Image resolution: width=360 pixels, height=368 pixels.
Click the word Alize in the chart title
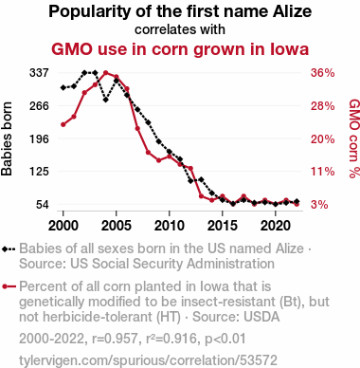tap(293, 11)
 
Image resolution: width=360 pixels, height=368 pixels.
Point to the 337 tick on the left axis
tap(39, 73)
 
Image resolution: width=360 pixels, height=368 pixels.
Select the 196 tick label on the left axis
tap(39, 138)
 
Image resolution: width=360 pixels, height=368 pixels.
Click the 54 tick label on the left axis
tap(43, 205)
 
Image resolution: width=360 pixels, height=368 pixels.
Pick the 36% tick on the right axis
tap(322, 73)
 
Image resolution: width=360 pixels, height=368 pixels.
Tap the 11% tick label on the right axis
tap(322, 172)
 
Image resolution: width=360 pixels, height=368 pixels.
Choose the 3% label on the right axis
tap(319, 205)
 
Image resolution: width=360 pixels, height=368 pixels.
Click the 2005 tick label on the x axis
tap(117, 226)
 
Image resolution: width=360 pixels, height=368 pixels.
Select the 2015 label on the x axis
tap(223, 226)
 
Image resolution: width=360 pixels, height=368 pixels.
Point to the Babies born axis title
tap(7, 138)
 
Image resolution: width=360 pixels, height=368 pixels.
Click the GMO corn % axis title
tap(354, 138)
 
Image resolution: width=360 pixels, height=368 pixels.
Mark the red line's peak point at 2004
tap(106, 73)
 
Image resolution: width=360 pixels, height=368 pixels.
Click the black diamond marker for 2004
tap(106, 100)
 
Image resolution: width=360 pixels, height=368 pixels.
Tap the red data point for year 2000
tap(63, 124)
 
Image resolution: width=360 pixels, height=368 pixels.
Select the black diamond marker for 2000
tap(63, 87)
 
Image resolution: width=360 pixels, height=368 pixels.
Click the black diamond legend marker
tap(5, 249)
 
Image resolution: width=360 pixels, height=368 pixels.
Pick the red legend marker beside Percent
tap(5, 286)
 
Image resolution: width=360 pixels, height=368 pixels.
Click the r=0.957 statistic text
tap(115, 339)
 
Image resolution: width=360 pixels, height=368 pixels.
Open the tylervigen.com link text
tap(148, 360)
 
